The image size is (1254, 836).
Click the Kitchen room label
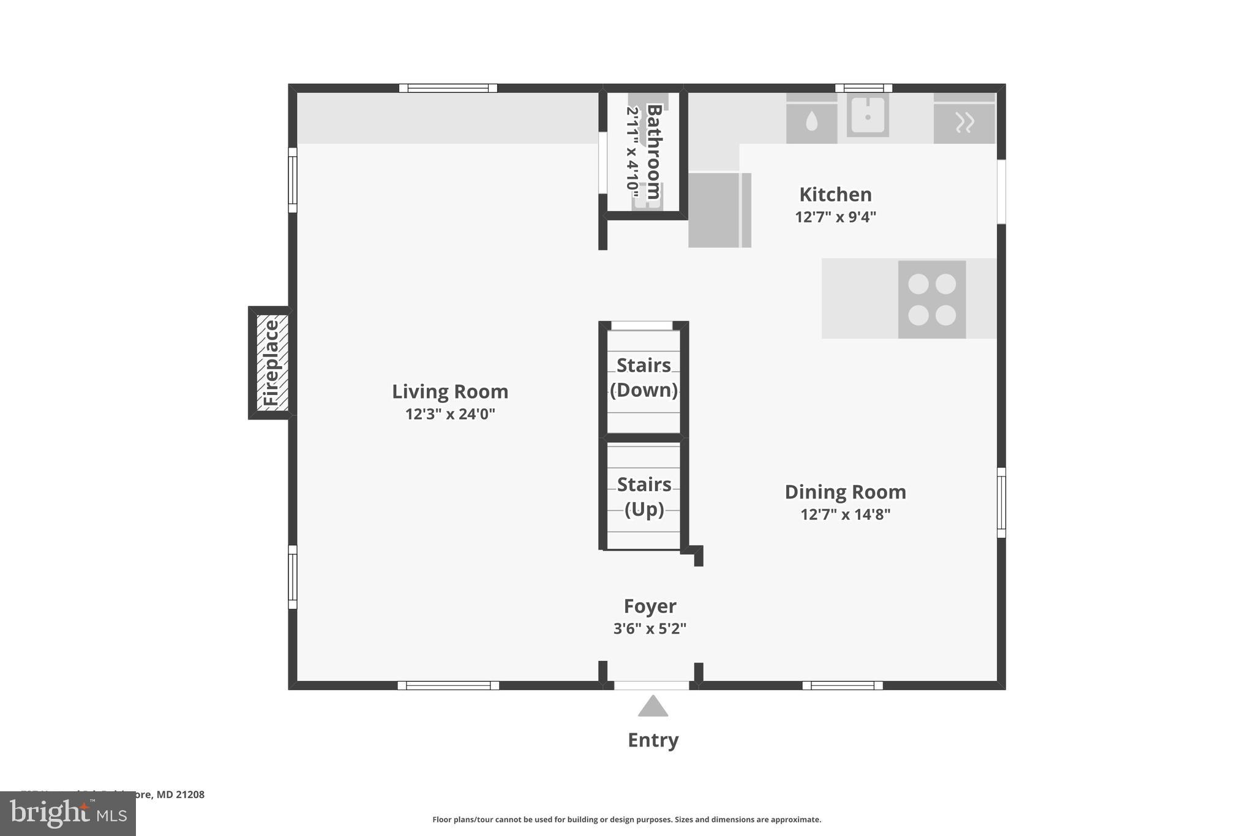point(835,195)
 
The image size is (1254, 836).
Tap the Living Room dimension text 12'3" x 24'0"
point(450,414)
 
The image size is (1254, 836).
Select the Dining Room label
point(845,492)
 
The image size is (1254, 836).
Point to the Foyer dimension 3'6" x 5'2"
point(650,628)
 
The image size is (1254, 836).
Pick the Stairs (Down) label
point(644,377)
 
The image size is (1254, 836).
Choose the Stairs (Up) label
point(644,497)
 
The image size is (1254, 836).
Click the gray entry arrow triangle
point(653,707)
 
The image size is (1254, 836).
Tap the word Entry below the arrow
point(653,740)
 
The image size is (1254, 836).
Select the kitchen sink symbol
point(868,115)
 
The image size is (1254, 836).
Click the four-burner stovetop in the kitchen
point(932,299)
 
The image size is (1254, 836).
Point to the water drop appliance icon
point(811,122)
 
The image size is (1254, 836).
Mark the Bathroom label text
point(653,151)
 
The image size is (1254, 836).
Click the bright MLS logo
point(68,813)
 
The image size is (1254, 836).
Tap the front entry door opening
point(651,685)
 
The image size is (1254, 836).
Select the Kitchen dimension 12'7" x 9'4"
point(835,217)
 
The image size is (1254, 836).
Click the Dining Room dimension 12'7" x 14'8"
point(845,514)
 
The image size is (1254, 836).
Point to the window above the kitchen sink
point(863,88)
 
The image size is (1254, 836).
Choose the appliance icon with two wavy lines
point(964,122)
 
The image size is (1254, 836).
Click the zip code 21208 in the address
point(190,794)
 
